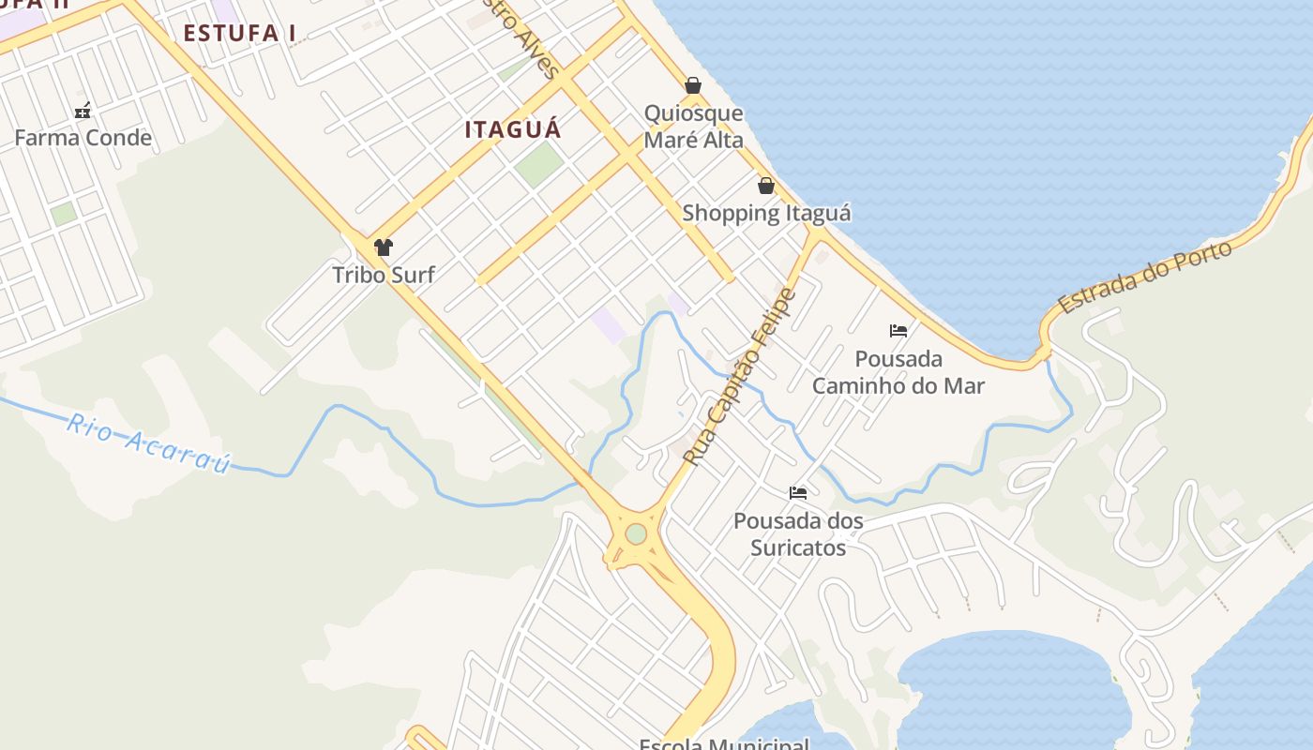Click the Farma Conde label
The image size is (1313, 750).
pos(83,138)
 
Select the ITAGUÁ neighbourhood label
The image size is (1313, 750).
pos(513,129)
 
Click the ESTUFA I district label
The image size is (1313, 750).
pos(239,33)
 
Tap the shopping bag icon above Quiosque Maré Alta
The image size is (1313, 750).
pos(693,86)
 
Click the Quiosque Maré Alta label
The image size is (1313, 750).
pos(693,127)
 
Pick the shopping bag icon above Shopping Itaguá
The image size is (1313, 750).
pos(766,186)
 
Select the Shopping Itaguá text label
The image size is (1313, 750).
pos(766,213)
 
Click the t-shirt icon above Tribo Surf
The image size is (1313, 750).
pos(383,247)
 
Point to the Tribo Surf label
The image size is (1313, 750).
pos(383,275)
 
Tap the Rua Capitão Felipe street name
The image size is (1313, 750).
pos(740,378)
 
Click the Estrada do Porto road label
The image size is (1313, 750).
pos(1143,277)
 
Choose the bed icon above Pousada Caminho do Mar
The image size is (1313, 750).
pos(898,331)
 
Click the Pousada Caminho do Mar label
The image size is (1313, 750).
pos(898,372)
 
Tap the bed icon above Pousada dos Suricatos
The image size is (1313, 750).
pos(798,493)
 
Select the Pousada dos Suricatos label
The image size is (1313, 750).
pos(798,534)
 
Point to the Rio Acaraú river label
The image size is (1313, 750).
pos(148,442)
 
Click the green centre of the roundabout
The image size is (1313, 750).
pos(636,533)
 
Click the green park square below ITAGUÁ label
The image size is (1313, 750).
pos(539,163)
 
